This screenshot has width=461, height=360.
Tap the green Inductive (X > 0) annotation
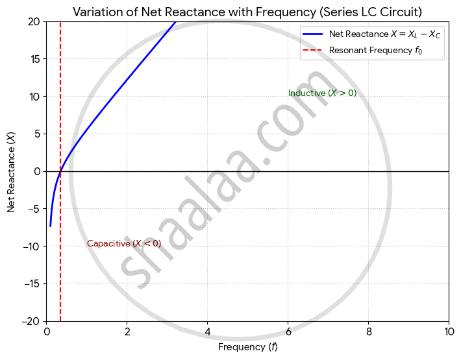click(x=322, y=93)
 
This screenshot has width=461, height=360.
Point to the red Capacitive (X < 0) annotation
click(x=124, y=244)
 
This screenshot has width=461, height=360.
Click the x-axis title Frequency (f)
click(x=247, y=348)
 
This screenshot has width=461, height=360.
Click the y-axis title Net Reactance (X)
click(x=11, y=171)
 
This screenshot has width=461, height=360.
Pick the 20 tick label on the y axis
click(x=34, y=21)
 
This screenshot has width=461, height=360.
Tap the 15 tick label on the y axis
click(x=34, y=59)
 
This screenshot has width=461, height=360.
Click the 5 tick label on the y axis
click(x=37, y=134)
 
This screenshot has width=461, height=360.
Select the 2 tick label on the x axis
click(x=127, y=332)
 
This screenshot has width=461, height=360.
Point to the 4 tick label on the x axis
click(x=208, y=332)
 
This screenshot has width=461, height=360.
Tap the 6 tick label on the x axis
click(x=288, y=332)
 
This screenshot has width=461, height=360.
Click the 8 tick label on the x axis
click(x=369, y=332)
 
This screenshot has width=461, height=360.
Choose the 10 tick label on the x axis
click(x=449, y=332)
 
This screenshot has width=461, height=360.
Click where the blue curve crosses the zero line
click(x=60, y=171)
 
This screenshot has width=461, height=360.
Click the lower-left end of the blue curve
click(x=50, y=226)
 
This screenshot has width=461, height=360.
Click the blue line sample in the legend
click(x=313, y=35)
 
